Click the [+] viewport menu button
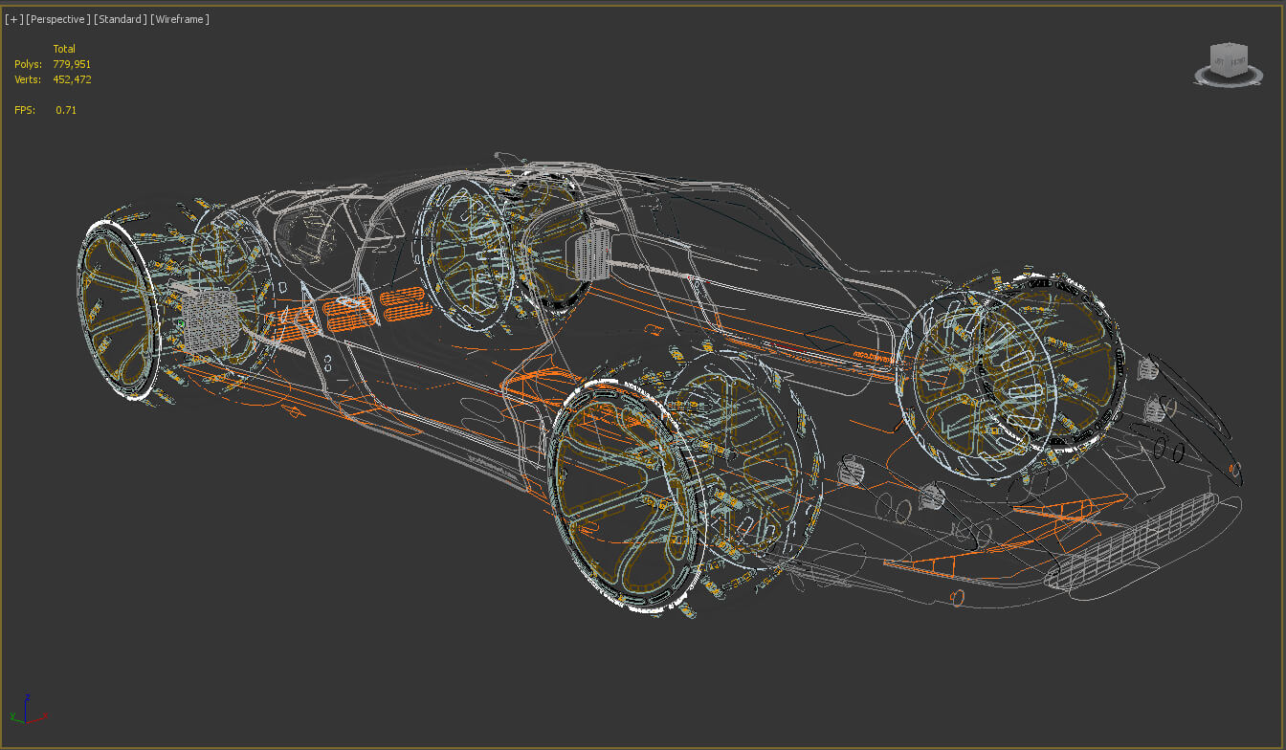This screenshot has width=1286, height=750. click(14, 19)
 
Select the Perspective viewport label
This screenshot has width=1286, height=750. click(58, 19)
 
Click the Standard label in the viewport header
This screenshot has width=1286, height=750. click(120, 19)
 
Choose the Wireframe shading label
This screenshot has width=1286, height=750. click(180, 19)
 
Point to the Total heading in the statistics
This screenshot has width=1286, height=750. click(64, 49)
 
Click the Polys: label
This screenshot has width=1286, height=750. click(28, 64)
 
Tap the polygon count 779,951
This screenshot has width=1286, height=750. click(72, 64)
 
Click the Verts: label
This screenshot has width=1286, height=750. click(28, 79)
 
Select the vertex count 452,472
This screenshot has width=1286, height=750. click(72, 79)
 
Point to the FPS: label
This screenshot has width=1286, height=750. click(25, 110)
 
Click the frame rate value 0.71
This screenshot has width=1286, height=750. click(66, 110)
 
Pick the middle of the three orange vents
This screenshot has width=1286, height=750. click(348, 310)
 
